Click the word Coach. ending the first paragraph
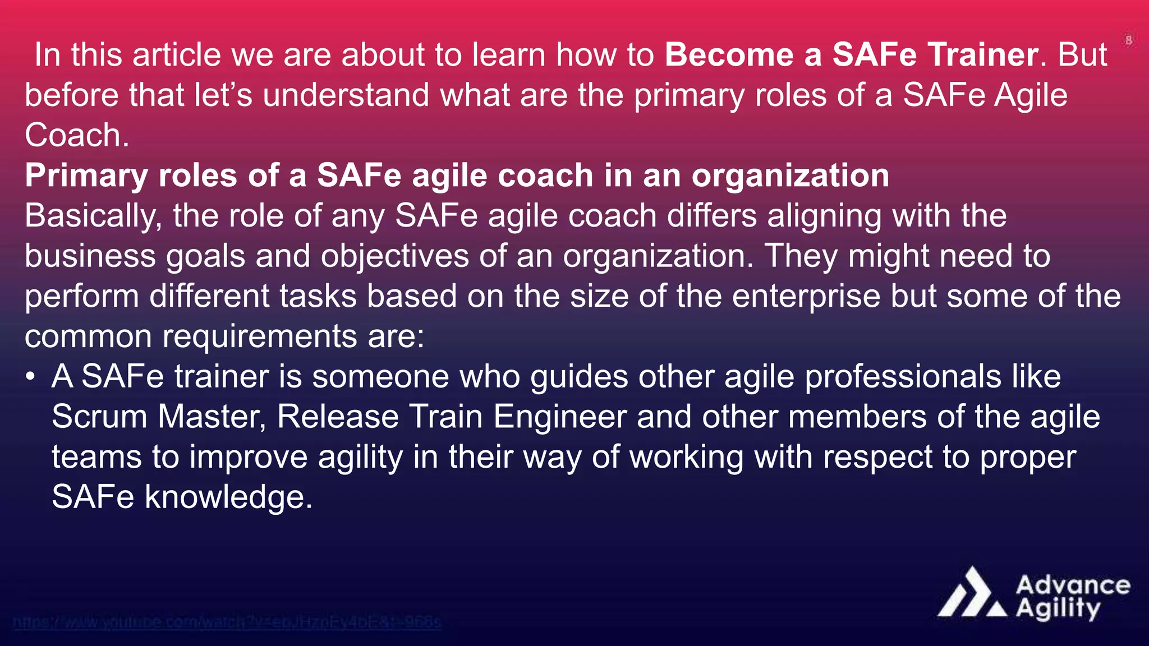click(77, 136)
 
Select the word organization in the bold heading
click(790, 176)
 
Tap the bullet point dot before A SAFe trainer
click(31, 377)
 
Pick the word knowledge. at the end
click(228, 497)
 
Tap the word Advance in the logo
click(1072, 585)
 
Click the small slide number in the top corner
click(1129, 40)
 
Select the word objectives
click(394, 257)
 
